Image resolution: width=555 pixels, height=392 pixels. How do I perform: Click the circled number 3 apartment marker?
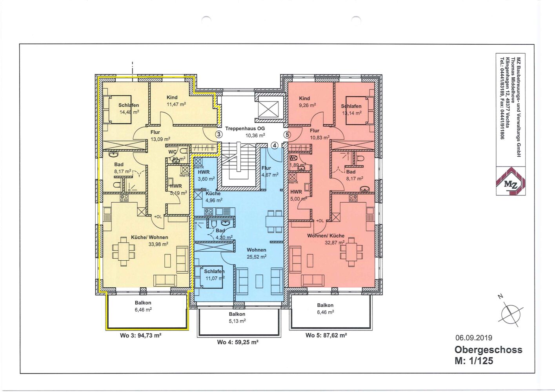219,134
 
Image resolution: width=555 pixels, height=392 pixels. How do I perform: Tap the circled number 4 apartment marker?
275,145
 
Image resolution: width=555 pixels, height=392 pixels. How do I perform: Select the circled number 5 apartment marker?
287,135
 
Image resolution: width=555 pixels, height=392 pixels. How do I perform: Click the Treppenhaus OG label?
245,129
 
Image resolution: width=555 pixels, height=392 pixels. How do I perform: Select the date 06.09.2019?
474,338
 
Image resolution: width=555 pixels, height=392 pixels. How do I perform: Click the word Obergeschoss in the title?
488,350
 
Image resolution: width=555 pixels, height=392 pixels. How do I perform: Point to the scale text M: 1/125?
474,361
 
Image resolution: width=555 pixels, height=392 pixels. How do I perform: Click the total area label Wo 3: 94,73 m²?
141,336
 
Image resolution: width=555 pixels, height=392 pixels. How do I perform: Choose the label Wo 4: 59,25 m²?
238,342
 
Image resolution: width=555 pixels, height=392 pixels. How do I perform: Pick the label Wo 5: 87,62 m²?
326,335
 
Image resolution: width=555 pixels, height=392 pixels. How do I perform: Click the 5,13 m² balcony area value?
237,321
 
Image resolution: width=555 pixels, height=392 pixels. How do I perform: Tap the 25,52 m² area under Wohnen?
257,257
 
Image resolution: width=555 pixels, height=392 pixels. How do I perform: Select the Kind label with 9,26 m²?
304,98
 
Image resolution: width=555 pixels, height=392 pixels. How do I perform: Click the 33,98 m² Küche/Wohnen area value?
158,244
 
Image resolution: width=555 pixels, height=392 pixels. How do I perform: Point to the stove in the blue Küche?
209,212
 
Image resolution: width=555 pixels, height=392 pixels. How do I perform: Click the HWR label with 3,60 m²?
204,172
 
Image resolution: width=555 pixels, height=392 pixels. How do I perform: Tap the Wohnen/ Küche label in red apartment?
326,236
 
